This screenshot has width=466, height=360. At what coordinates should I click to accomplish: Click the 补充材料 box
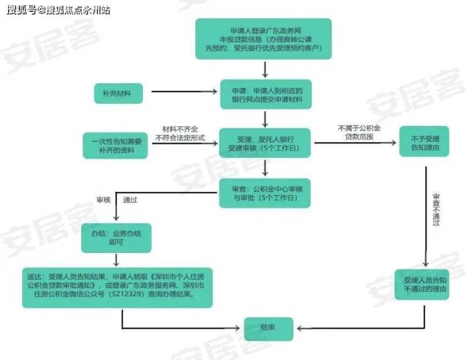118,94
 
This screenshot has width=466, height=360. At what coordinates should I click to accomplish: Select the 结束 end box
269,329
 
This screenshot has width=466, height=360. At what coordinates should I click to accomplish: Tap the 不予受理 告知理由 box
424,142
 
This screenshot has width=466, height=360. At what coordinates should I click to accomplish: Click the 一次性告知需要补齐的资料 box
115,145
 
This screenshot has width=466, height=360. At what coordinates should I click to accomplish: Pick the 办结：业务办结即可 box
116,239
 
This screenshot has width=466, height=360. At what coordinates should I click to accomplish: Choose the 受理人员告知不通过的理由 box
422,284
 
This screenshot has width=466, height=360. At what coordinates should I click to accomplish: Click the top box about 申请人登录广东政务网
263,39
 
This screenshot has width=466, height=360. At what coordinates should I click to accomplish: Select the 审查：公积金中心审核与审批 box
264,193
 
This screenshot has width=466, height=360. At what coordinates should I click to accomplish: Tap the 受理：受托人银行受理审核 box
264,143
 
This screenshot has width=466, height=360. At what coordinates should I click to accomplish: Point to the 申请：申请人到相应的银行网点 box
266,94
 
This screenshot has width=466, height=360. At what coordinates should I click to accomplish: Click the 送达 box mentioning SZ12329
117,288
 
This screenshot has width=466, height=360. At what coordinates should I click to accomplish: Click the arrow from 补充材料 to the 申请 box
185,91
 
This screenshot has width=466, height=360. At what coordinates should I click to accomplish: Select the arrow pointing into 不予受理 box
355,143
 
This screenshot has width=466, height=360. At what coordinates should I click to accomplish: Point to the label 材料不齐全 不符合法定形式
180,133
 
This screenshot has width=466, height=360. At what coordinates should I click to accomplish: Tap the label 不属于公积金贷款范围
359,132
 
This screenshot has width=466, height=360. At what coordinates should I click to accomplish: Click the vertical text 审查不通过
436,210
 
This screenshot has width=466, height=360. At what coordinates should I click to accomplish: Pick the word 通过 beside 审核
130,200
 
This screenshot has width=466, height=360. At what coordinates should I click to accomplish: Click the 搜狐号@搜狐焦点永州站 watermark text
59,10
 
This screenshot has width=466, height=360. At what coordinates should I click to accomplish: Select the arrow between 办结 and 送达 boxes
116,259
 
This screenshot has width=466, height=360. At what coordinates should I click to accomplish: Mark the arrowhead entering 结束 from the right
300,329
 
